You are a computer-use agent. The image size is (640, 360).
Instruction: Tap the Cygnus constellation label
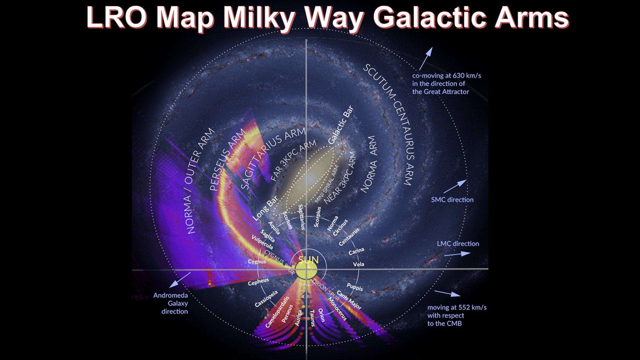[257, 262]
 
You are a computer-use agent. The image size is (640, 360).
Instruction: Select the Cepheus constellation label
[258, 282]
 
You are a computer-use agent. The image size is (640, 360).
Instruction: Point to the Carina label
[356, 251]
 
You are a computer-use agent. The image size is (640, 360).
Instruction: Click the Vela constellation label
[359, 264]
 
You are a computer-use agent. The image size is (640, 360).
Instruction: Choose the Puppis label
[355, 287]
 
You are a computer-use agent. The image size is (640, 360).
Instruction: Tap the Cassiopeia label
[266, 299]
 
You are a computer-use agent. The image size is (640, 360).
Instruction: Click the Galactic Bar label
[340, 125]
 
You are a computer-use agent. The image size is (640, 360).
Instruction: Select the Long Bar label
[265, 208]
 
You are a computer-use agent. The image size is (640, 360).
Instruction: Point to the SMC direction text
[452, 200]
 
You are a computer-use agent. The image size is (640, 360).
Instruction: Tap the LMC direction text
[458, 244]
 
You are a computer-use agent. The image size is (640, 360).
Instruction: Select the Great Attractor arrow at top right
[426, 58]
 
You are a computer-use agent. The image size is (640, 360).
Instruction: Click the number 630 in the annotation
[459, 76]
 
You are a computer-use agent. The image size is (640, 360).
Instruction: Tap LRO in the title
[117, 17]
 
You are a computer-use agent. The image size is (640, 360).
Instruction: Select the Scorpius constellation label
[318, 217]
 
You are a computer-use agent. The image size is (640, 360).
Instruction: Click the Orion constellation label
[321, 315]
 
